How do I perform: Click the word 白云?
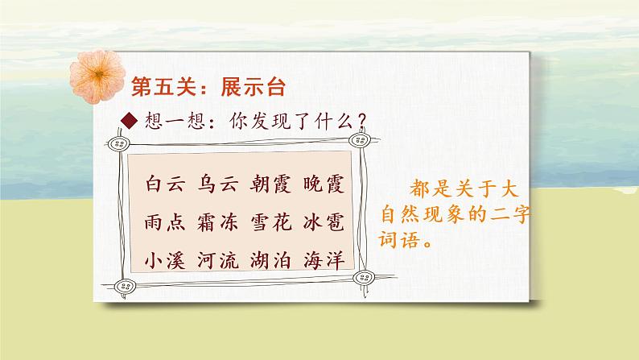click(166, 184)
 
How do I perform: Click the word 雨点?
click(166, 223)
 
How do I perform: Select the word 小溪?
click(166, 261)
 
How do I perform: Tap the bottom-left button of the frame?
click(124, 284)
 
